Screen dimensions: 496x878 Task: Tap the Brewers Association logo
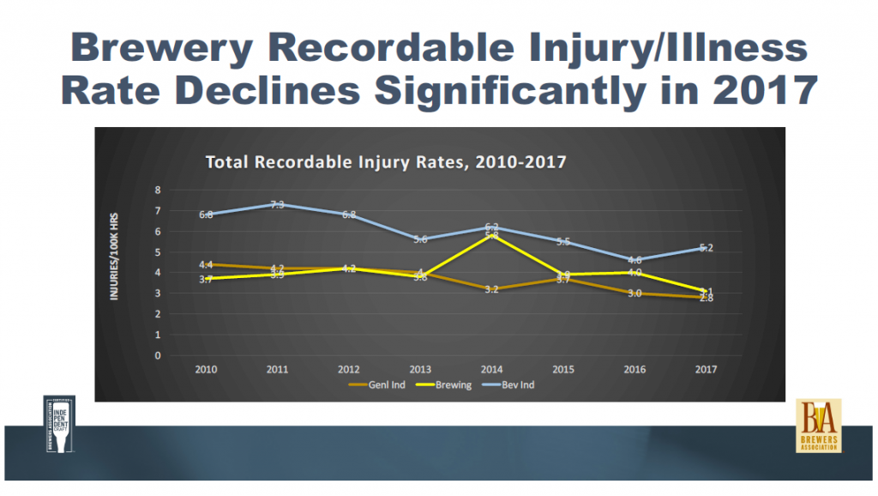tap(818, 426)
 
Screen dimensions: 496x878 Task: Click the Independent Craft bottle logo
tap(59, 424)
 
